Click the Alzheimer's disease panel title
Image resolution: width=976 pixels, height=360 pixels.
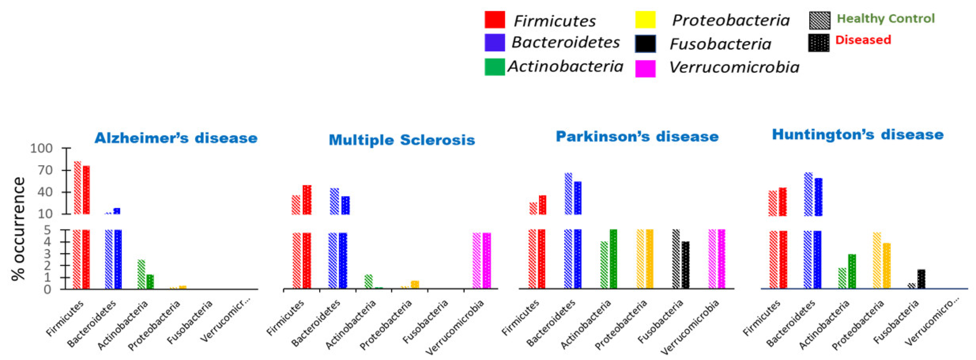tap(176, 138)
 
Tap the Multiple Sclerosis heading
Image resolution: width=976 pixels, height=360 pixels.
tap(402, 140)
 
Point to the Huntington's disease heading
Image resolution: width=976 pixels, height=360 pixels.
tap(857, 134)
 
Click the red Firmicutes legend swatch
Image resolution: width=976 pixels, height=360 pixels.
tap(494, 20)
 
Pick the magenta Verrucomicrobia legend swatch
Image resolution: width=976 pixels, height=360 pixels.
tap(645, 69)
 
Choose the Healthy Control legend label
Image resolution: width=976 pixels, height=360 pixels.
tap(886, 18)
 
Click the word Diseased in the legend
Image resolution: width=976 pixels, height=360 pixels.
tap(863, 40)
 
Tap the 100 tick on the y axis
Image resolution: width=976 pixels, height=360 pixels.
tap(41, 148)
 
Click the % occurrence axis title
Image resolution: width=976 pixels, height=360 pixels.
tap(18, 229)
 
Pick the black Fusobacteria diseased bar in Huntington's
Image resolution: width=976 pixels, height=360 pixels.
tap(921, 279)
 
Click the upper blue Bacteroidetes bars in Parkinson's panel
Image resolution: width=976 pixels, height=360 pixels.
tap(573, 194)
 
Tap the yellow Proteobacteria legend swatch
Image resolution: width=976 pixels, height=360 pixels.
tap(645, 20)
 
